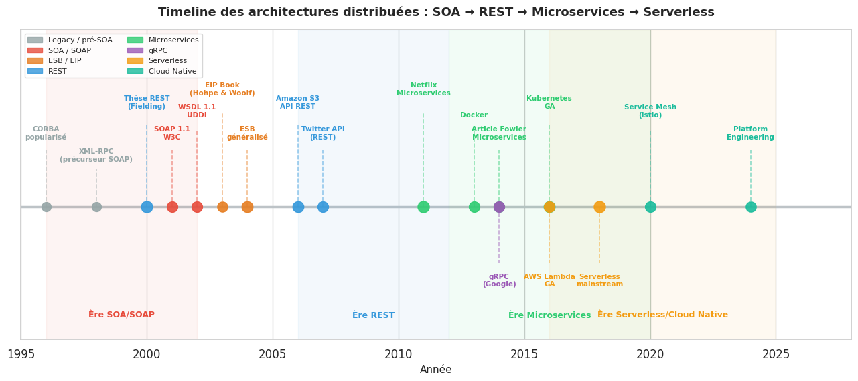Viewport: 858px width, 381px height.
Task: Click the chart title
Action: (x=436, y=13)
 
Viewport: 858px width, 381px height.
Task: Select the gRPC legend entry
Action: (x=158, y=50)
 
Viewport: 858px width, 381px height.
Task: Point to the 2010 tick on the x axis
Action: (x=399, y=354)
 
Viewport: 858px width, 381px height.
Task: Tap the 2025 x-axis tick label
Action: (x=776, y=354)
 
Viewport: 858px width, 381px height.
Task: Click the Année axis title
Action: (x=435, y=370)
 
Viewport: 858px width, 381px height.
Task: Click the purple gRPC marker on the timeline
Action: (x=499, y=207)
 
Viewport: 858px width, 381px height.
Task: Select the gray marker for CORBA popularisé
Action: (x=46, y=207)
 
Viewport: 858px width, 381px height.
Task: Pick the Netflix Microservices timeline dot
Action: (x=423, y=207)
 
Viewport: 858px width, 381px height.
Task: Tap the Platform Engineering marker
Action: (x=751, y=207)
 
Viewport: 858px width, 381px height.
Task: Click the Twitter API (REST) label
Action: (x=323, y=133)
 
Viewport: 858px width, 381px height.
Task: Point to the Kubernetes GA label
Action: (x=549, y=103)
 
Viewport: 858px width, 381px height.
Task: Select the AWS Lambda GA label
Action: (x=549, y=280)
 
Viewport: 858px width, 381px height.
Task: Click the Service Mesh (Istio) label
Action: (x=650, y=111)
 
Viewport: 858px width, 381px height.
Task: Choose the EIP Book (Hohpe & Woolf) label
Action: (x=222, y=89)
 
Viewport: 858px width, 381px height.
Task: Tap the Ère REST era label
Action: (x=373, y=315)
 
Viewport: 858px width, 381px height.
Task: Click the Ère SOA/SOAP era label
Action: (x=121, y=315)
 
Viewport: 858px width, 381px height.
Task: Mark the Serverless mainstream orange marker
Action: (x=599, y=207)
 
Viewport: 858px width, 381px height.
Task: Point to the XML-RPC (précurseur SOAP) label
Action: (x=96, y=156)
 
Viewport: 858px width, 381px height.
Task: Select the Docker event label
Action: (x=474, y=115)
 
